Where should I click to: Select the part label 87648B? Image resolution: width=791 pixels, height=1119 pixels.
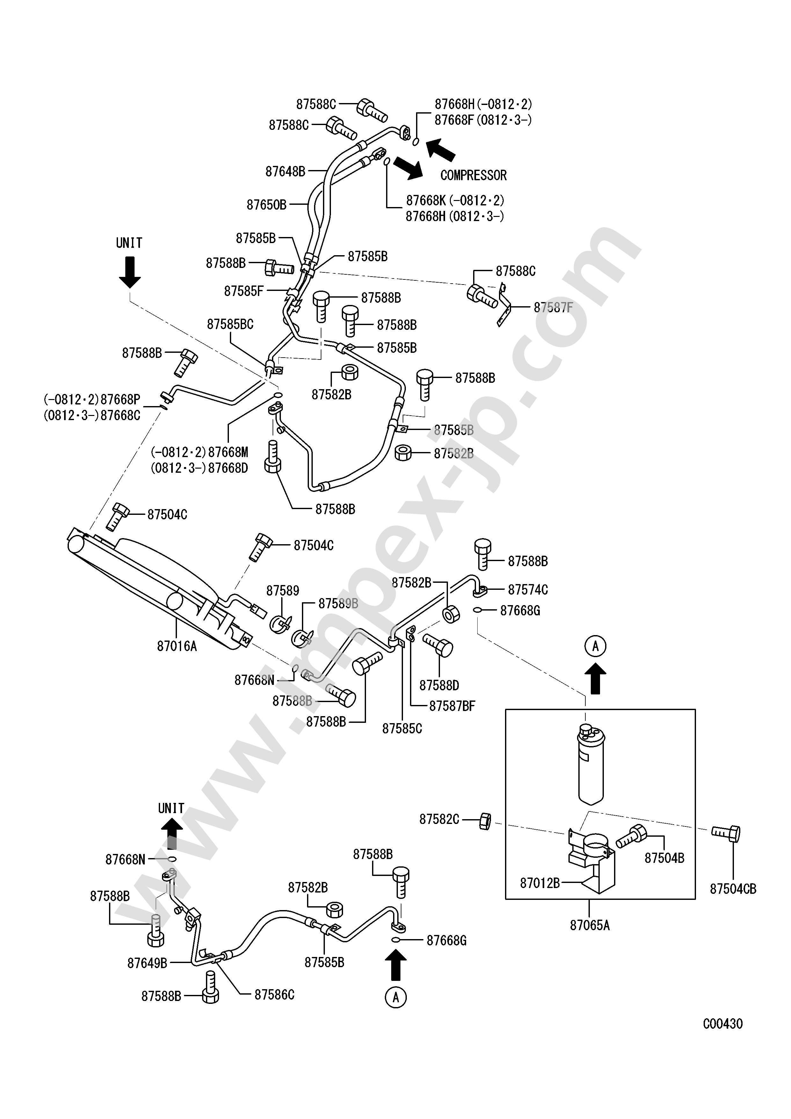click(285, 172)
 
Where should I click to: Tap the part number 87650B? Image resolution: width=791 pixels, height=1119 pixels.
click(267, 205)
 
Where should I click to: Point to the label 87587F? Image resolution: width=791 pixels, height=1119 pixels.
click(553, 308)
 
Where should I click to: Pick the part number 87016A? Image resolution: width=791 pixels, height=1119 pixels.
click(177, 646)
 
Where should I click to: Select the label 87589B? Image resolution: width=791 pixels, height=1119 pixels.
click(338, 604)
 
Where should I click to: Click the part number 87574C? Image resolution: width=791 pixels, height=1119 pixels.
click(528, 590)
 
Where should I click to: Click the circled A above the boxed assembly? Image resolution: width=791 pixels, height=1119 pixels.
click(595, 646)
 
